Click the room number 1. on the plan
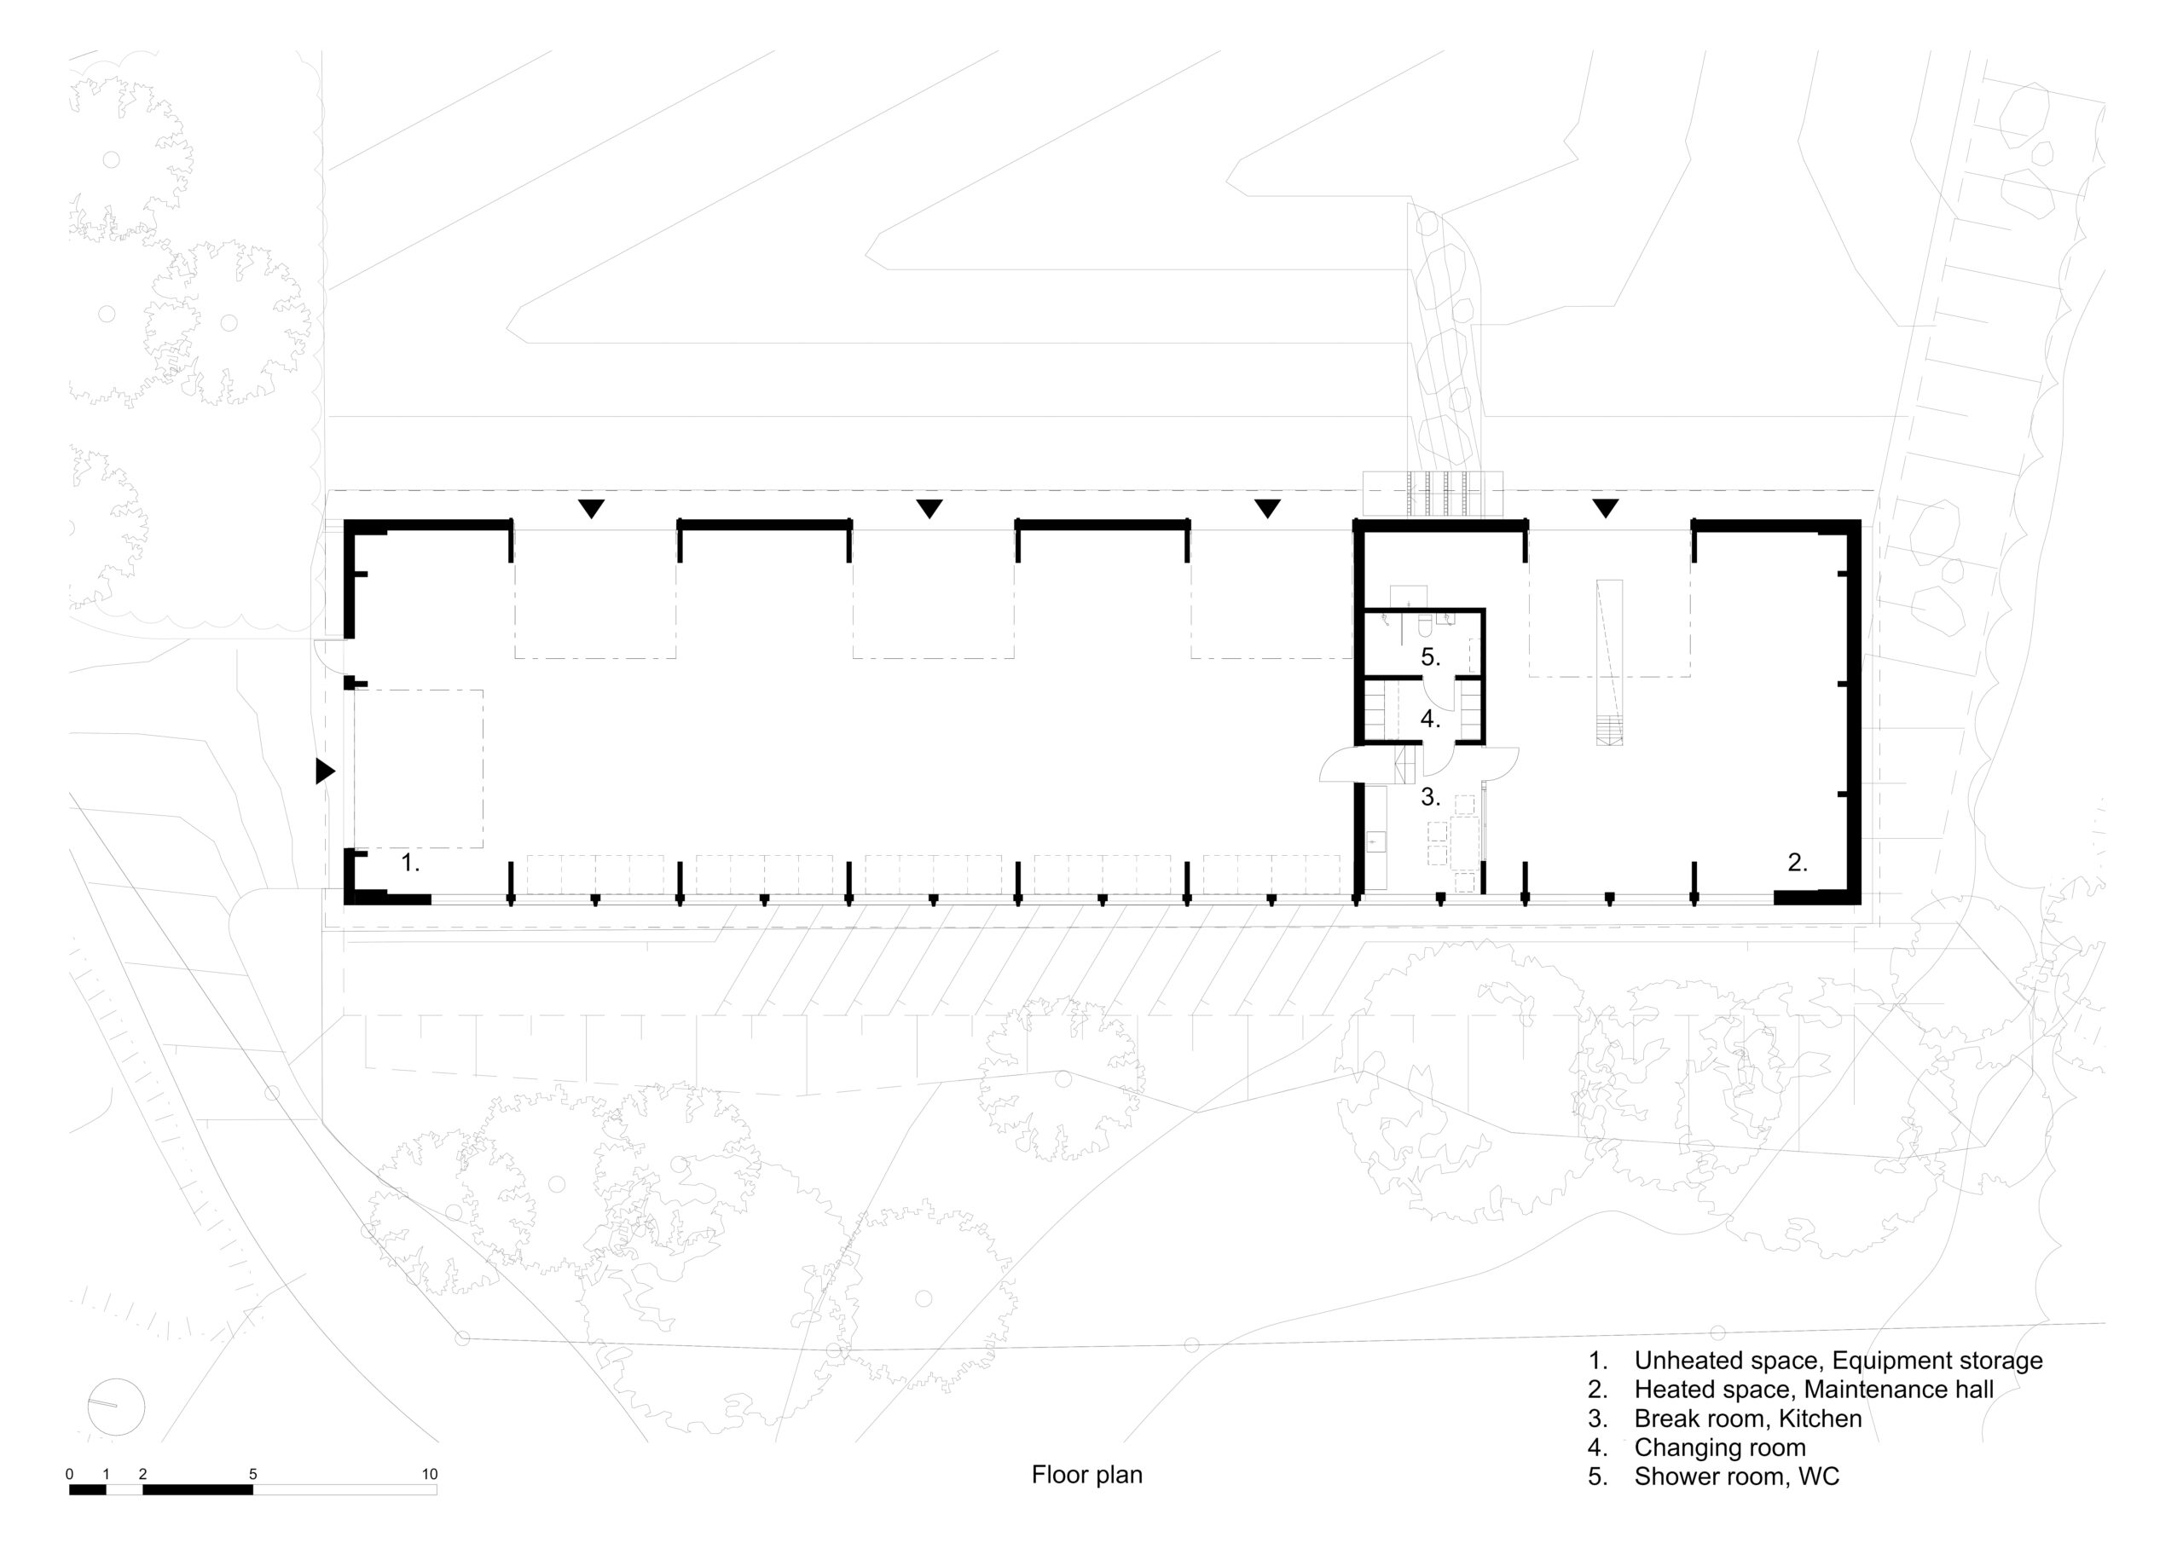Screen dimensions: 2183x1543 click(x=410, y=864)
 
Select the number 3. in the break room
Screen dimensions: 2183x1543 click(x=1431, y=797)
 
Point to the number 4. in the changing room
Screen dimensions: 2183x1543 click(x=1431, y=719)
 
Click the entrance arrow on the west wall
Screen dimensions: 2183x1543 click(x=325, y=771)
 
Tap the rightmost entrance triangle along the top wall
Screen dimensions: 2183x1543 click(x=1606, y=509)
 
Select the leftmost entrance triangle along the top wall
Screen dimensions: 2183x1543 click(x=592, y=509)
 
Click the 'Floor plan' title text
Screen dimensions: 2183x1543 click(x=1086, y=1475)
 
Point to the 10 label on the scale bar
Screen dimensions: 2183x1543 click(x=430, y=1475)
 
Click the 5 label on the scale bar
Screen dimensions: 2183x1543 click(x=253, y=1475)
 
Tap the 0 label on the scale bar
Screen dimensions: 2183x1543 click(x=69, y=1475)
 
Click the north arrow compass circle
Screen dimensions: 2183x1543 click(x=116, y=1407)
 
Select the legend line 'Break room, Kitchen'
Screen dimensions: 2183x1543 click(x=1747, y=1419)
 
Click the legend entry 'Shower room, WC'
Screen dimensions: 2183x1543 click(x=1737, y=1477)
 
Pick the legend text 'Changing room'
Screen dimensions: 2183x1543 click(x=1720, y=1448)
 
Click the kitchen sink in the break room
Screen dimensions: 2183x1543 click(x=1375, y=842)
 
